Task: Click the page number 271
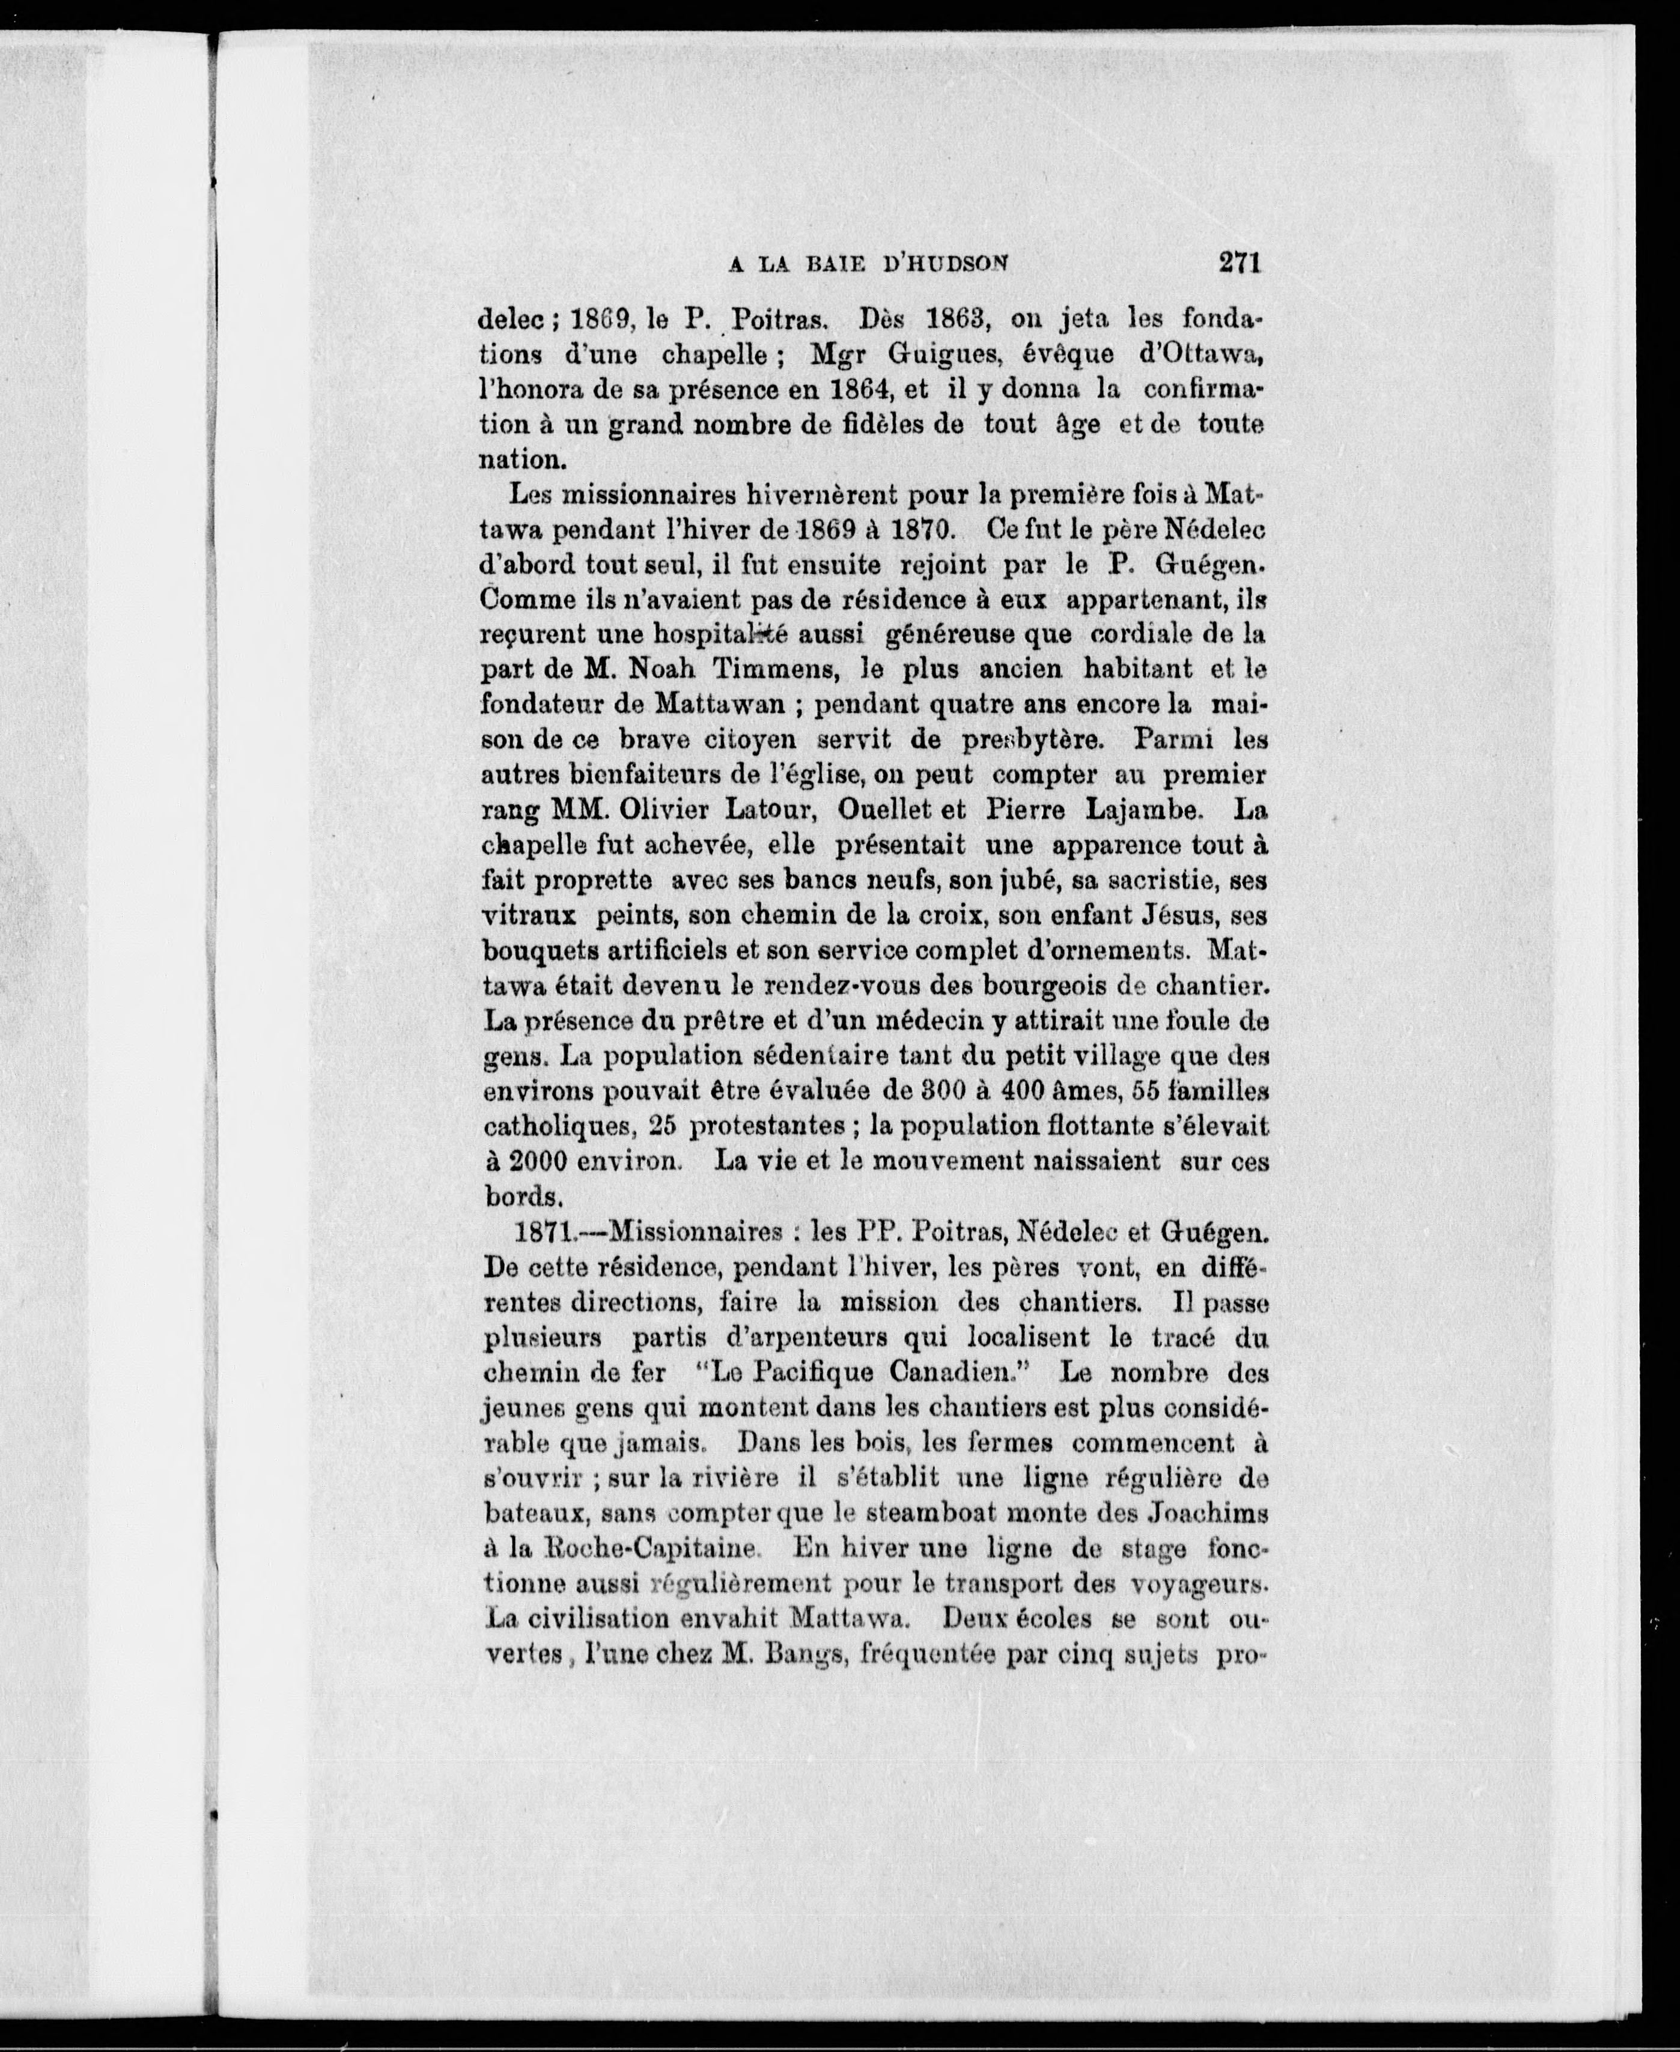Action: (x=1241, y=263)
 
